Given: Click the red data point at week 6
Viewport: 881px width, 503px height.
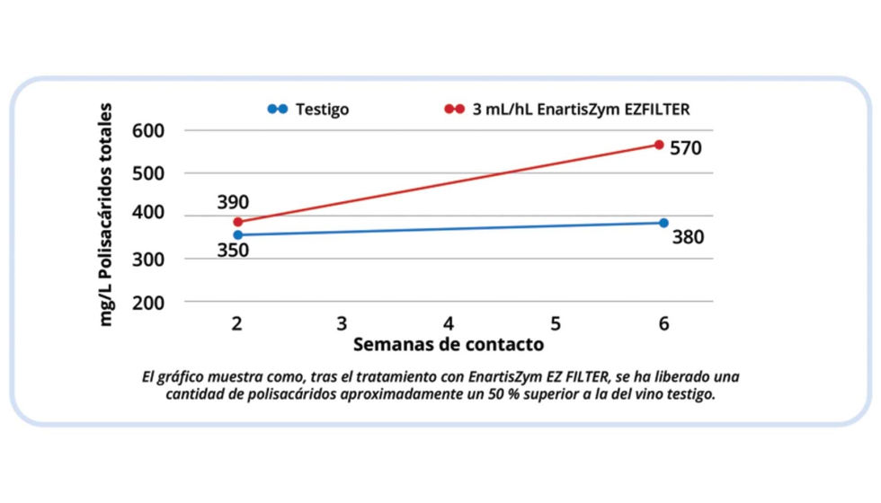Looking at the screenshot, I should point(659,145).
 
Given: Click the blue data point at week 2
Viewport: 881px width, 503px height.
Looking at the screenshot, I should point(238,235).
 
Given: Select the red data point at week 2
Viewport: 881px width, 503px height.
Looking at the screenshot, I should point(238,222).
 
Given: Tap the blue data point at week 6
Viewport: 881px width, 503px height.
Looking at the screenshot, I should point(663,223).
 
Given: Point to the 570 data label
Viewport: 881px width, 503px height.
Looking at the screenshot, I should point(686,148).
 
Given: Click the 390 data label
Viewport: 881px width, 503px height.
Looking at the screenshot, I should point(232,202).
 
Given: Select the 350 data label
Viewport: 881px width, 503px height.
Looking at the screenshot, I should point(232,251).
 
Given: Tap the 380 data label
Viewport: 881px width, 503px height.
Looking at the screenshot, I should point(688,238).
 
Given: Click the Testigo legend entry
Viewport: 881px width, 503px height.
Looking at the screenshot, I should point(321,110).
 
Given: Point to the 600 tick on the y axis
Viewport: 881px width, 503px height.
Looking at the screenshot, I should point(149,130).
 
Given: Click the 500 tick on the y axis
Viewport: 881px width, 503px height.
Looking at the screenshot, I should point(149,172).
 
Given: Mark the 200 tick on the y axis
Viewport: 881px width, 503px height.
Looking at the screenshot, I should point(149,303).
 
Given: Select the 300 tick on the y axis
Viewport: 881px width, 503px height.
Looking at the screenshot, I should point(149,260).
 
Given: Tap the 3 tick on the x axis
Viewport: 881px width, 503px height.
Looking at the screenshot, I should point(343,323).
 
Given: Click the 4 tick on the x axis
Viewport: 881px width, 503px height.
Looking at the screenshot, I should point(449,323).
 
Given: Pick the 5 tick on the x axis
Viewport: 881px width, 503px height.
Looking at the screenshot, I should point(556,323).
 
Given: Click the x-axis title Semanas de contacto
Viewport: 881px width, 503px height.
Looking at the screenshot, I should point(448,344).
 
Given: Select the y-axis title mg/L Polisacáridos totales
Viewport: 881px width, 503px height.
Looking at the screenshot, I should point(107,215).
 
